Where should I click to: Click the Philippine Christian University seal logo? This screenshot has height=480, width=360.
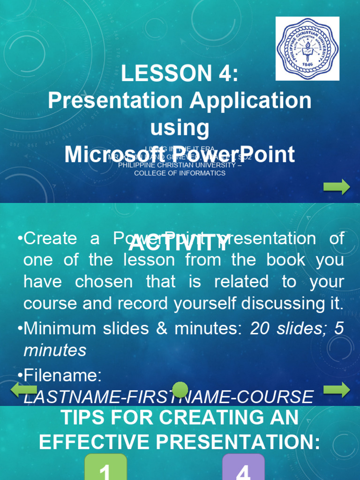point(307,48)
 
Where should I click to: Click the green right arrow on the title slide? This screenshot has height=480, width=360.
point(337,187)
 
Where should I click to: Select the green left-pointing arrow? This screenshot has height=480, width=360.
point(23,390)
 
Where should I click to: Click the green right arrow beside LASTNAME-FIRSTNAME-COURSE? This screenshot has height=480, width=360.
point(337,390)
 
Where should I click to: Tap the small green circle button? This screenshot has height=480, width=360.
point(180,390)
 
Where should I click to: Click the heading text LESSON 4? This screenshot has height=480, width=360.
point(180,74)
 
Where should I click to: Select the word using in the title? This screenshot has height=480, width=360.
point(180,127)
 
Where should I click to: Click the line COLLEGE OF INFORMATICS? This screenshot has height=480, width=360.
point(180,173)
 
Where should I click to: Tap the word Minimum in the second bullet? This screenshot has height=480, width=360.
point(57,328)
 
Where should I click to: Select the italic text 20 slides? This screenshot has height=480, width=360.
point(289,328)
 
